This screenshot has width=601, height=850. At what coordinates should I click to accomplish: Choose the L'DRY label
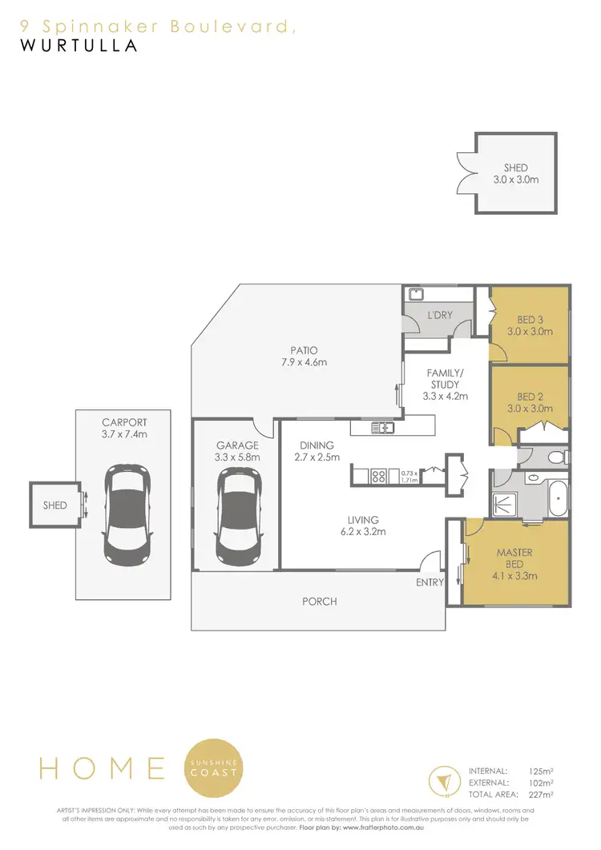(x=440, y=315)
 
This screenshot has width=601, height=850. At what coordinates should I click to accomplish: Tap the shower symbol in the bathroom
(x=506, y=502)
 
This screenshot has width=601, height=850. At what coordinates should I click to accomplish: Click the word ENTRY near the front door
(x=430, y=582)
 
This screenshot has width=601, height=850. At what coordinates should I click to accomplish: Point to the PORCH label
(x=318, y=601)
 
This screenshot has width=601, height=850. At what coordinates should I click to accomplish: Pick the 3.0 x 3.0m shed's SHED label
(x=515, y=167)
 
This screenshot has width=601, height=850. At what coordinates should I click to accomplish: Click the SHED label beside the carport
(x=54, y=506)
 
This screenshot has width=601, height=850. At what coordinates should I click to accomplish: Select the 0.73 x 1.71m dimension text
(x=409, y=477)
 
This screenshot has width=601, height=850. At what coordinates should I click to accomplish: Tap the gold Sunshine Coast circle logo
(x=214, y=767)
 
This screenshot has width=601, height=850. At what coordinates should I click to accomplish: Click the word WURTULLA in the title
(x=78, y=46)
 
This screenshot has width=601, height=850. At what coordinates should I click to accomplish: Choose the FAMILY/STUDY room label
(x=445, y=385)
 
